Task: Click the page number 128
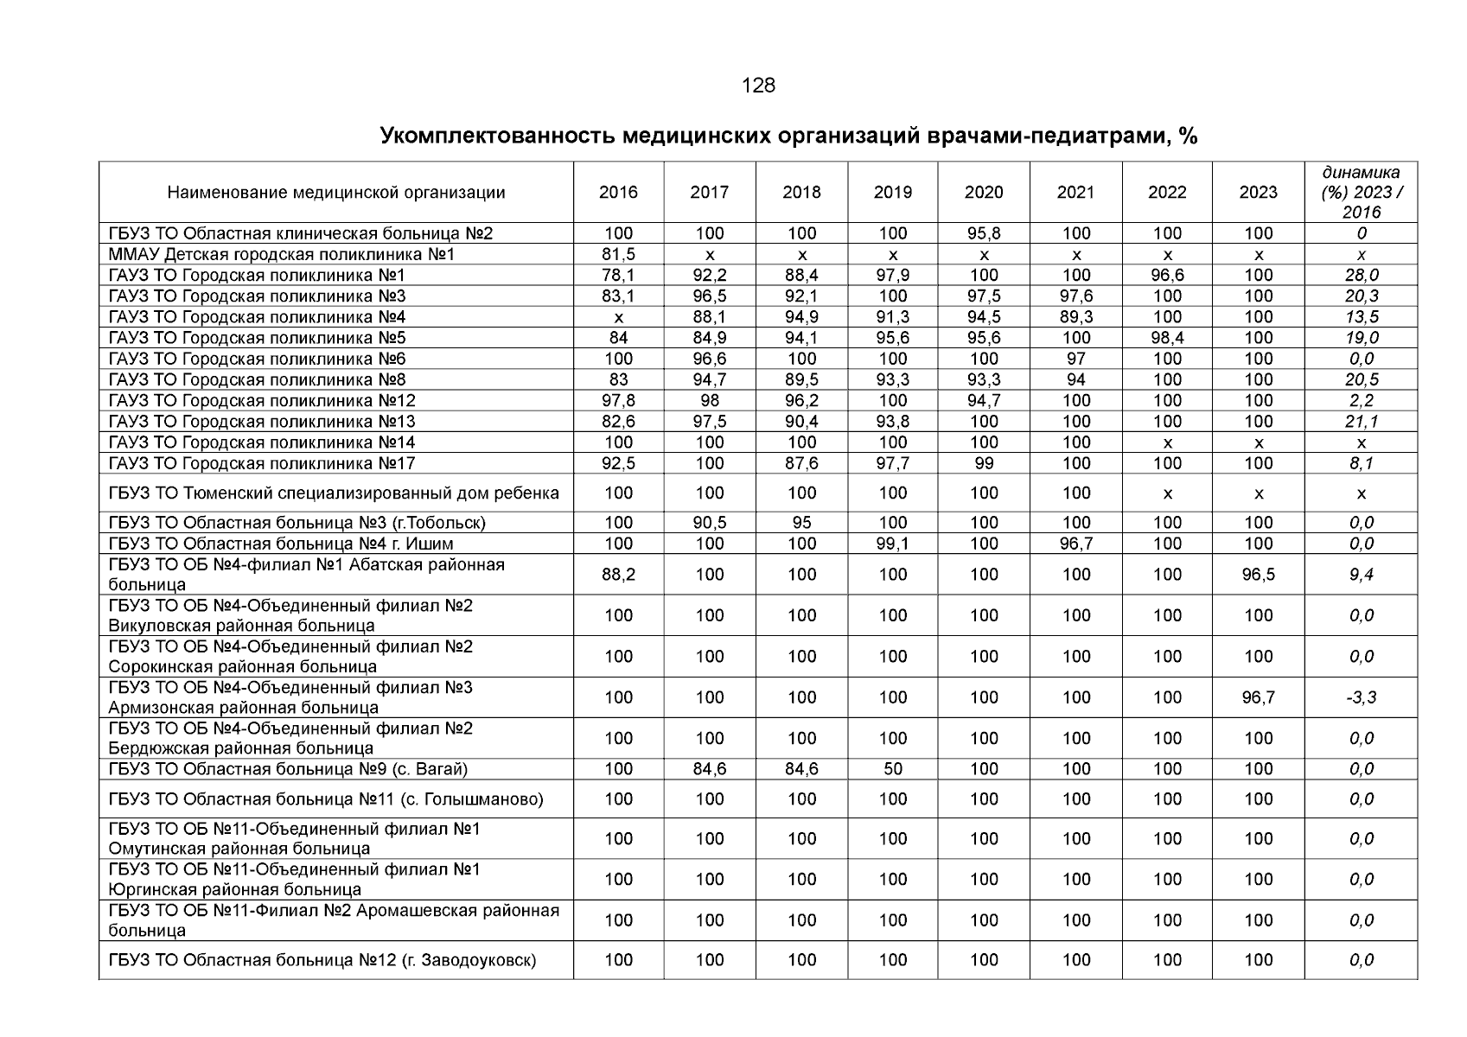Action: click(758, 86)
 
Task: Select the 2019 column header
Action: click(892, 193)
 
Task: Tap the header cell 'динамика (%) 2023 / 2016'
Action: click(1361, 192)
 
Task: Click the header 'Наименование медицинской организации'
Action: click(336, 193)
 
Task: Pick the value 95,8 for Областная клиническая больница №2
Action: click(984, 233)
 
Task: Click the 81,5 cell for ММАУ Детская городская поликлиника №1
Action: click(618, 254)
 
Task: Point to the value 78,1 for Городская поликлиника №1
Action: click(618, 276)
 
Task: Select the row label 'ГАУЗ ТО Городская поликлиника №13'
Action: click(262, 422)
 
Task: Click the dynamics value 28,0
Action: click(1361, 276)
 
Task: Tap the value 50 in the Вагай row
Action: click(892, 769)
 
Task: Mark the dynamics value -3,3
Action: click(1361, 697)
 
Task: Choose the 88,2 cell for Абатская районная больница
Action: click(618, 575)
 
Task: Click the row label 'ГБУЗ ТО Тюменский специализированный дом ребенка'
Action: click(334, 493)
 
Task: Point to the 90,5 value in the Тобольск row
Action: click(710, 523)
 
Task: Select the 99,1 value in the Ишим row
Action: click(892, 544)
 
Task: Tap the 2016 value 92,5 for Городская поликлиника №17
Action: click(618, 463)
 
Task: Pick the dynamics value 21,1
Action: click(1361, 422)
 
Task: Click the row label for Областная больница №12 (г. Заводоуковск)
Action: click(322, 960)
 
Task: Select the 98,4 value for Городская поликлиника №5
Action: click(1167, 338)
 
